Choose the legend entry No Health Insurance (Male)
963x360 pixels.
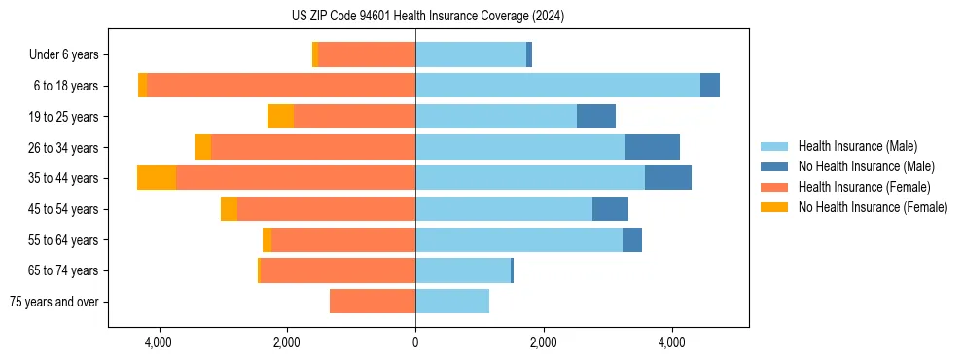866,166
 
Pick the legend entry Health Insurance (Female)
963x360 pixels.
864,187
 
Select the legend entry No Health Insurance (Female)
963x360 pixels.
873,207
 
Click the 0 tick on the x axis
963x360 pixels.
415,342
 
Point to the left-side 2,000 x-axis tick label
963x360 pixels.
287,342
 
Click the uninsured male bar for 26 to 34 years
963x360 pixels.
653,147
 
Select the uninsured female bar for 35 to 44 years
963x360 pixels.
157,178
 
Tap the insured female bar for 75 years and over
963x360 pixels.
373,302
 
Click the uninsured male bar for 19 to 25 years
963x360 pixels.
596,117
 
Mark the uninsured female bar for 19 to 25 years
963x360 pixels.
280,117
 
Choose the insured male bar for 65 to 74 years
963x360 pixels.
463,270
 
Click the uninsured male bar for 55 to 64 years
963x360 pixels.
632,239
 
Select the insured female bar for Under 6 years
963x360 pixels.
367,55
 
